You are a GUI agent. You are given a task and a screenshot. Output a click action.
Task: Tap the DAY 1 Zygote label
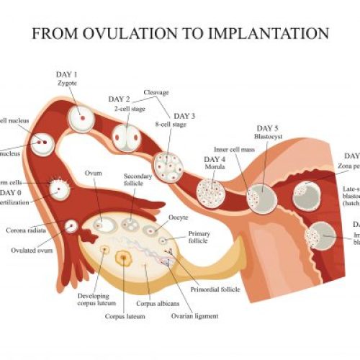(66, 78)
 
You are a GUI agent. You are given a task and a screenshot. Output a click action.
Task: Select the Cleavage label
(156, 92)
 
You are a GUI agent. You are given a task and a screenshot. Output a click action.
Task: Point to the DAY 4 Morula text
(215, 163)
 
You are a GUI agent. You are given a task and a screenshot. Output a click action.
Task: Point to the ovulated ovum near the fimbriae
(71, 227)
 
